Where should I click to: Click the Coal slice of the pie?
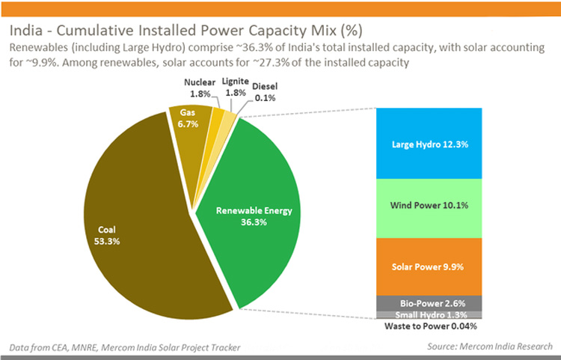[x=135, y=225]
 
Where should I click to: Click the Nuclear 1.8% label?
[x=199, y=88]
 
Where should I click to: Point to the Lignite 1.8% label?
[x=235, y=88]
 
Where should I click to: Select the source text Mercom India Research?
[x=490, y=346]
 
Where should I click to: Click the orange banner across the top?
[x=280, y=7]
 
